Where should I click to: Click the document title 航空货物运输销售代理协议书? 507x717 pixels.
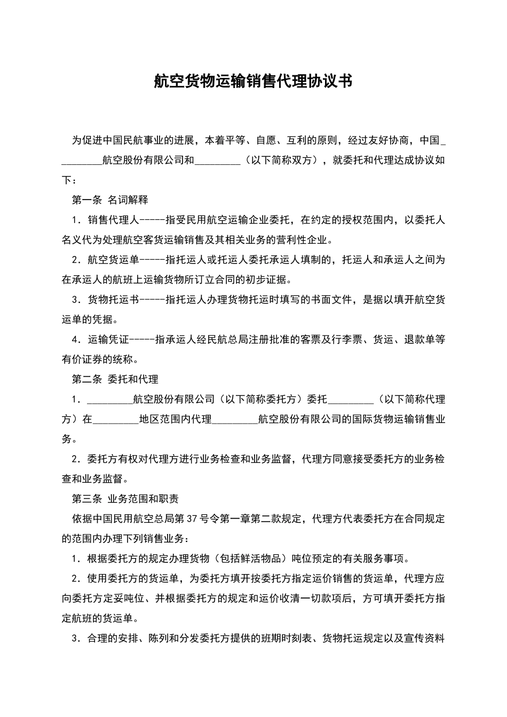pos(253,81)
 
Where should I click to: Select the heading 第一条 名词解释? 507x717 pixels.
pos(110,200)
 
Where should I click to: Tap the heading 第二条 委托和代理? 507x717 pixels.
pos(115,379)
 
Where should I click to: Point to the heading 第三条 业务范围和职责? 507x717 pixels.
pos(125,499)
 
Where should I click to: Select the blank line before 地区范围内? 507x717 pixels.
pos(116,419)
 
